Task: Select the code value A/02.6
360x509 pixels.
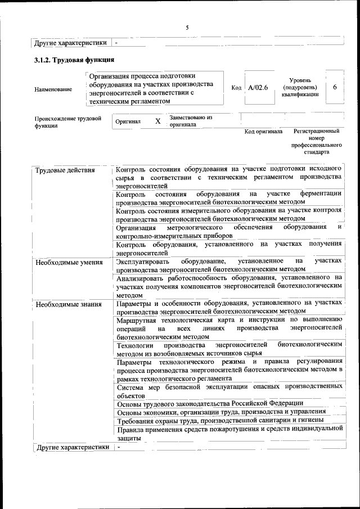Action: (x=259, y=88)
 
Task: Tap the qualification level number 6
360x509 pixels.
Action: (x=335, y=87)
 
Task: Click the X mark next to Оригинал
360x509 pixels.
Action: (x=158, y=121)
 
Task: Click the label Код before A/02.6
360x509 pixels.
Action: (x=236, y=88)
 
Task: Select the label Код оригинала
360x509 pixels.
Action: (x=263, y=132)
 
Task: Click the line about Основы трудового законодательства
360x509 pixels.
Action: (x=210, y=403)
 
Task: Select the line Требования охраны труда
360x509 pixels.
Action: (x=220, y=420)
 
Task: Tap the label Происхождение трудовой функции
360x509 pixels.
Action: (x=68, y=122)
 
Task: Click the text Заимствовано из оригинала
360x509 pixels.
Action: (x=191, y=121)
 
